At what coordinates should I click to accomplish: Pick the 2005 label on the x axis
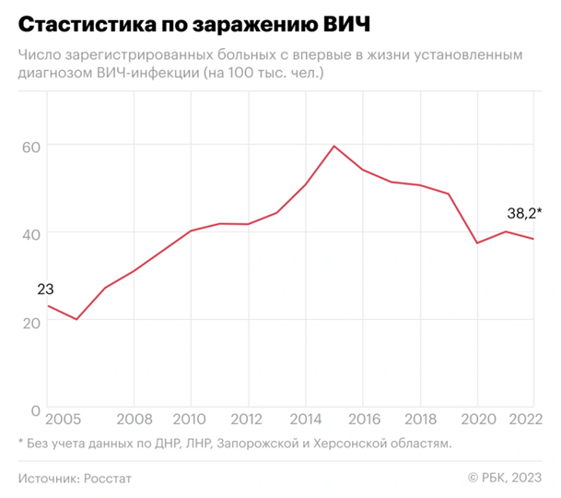point(61,416)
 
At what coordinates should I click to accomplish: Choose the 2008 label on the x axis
point(134,416)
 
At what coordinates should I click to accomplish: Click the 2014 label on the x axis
point(304,416)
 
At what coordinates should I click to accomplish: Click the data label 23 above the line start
point(46,290)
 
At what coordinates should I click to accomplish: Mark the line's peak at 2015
point(333,146)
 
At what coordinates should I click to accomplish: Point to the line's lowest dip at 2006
point(76,319)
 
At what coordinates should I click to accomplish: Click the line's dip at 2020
point(477,243)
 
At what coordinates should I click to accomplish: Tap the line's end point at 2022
point(534,239)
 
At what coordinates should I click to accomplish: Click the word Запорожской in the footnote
point(254,444)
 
